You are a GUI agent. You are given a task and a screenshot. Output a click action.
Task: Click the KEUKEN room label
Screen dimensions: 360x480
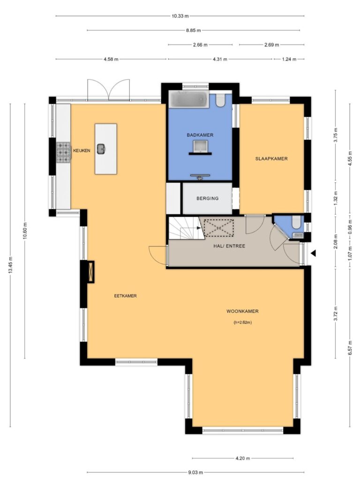pos(82,150)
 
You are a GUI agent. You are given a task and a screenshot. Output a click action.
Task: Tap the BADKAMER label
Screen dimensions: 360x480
pos(200,135)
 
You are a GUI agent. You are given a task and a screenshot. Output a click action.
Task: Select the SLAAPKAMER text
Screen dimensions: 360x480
pos(271,158)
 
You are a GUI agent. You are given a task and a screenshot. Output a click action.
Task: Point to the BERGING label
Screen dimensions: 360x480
pos(208,198)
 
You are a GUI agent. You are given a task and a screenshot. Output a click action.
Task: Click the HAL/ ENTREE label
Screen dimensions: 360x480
pos(229,246)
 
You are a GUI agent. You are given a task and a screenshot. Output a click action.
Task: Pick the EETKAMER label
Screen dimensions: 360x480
pos(126,296)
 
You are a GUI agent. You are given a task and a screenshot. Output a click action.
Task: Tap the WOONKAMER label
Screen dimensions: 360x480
pos(242,311)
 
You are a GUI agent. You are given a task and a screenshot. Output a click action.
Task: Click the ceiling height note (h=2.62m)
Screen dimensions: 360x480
pos(242,322)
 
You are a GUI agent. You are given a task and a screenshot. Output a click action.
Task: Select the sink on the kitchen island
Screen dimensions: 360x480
pos(101,149)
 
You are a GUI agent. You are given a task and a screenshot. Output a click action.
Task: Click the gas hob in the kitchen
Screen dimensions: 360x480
pos(64,152)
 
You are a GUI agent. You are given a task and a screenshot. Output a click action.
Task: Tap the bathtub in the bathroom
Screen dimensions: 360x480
pos(188,99)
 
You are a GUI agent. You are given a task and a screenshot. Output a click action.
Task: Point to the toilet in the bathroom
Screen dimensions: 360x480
pos(220,100)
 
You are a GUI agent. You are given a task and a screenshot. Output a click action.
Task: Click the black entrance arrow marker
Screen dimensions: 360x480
pos(313,254)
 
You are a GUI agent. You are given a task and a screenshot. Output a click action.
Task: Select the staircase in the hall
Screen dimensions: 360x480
pos(187,228)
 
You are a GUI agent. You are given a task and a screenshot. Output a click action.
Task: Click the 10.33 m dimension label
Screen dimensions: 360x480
pos(180,16)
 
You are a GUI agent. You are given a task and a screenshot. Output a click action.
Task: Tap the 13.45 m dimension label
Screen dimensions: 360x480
pos(10,265)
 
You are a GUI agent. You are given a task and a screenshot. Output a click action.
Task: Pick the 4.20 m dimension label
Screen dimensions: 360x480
pos(243,458)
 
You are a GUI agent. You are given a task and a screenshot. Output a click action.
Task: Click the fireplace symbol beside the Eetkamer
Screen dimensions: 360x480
pos(90,272)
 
